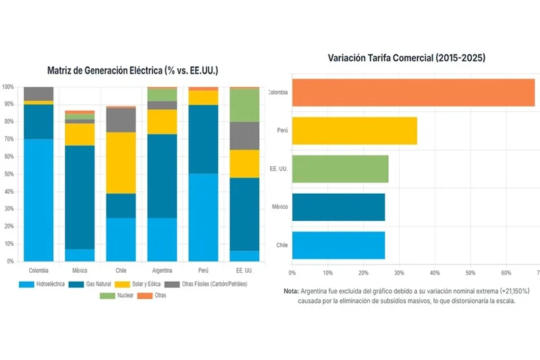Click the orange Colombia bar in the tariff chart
click(413, 93)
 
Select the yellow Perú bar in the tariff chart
click(354, 130)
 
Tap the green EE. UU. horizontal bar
click(340, 169)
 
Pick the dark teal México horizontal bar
click(338, 207)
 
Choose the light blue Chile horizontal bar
click(338, 245)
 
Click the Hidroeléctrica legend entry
click(43, 284)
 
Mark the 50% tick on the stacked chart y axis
click(8, 174)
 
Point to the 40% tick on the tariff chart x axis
click(435, 273)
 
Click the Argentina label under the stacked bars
click(161, 269)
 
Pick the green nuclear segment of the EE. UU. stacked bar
click(244, 105)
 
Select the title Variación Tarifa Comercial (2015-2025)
click(406, 59)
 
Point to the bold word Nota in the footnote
click(292, 290)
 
